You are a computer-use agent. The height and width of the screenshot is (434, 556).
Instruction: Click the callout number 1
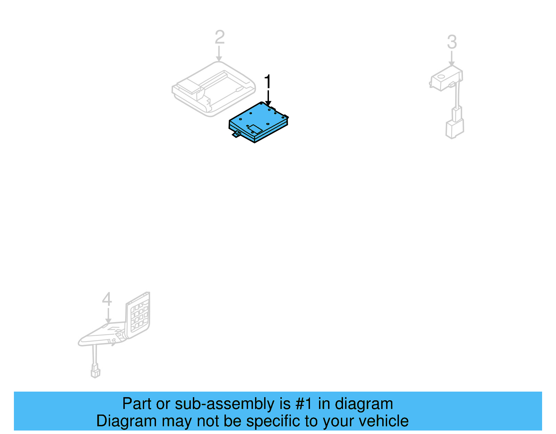pos(267,82)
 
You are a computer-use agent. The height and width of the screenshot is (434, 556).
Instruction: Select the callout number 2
pos(220,37)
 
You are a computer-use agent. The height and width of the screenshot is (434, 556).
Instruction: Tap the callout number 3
pos(452,42)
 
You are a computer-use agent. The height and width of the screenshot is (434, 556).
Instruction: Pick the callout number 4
pos(107,299)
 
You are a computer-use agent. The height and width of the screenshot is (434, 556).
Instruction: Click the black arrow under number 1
pos(268,98)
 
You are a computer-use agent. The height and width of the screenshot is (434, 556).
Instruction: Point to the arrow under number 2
pos(219,55)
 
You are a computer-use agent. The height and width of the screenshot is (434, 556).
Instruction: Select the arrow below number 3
pos(451,59)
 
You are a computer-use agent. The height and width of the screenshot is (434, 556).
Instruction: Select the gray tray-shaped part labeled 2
pos(213,89)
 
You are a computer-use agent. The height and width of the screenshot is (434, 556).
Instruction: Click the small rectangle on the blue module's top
pos(255,128)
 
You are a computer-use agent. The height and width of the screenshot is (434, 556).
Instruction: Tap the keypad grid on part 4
pos(139,316)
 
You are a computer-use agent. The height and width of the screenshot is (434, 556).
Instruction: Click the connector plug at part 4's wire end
pos(95,371)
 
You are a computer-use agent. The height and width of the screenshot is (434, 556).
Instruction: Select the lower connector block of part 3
pos(455,129)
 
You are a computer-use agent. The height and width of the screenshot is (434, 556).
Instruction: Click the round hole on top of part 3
pos(441,76)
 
